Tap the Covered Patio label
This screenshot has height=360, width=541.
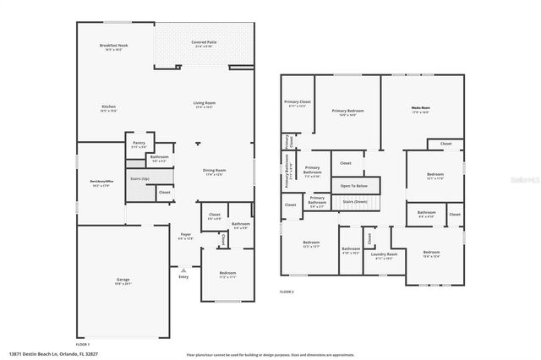pyautogui.click(x=203, y=41)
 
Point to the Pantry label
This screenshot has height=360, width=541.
pyautogui.click(x=139, y=143)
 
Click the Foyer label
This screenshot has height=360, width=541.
pyautogui.click(x=185, y=235)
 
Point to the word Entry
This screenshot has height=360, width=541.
pyautogui.click(x=183, y=276)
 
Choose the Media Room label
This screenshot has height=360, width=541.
pyautogui.click(x=420, y=108)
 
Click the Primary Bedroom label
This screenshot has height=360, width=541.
pyautogui.click(x=347, y=111)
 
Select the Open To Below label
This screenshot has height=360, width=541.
pyautogui.click(x=353, y=185)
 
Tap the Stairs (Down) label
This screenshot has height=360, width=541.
pyautogui.click(x=353, y=202)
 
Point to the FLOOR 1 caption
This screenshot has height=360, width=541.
pyautogui.click(x=83, y=345)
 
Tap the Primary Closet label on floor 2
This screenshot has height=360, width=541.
pyautogui.click(x=298, y=102)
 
